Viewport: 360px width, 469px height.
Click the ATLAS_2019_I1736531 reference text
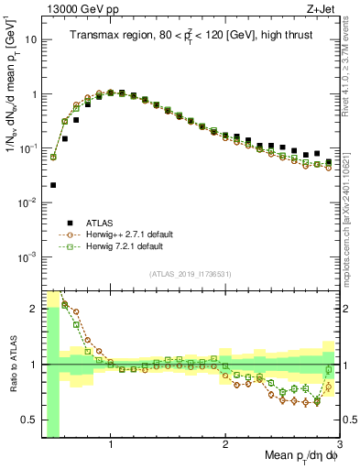click(x=190, y=275)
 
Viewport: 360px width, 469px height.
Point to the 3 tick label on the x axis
click(x=339, y=446)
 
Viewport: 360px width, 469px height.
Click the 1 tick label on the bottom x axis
click(x=111, y=446)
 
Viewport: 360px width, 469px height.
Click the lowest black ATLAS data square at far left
click(x=53, y=185)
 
